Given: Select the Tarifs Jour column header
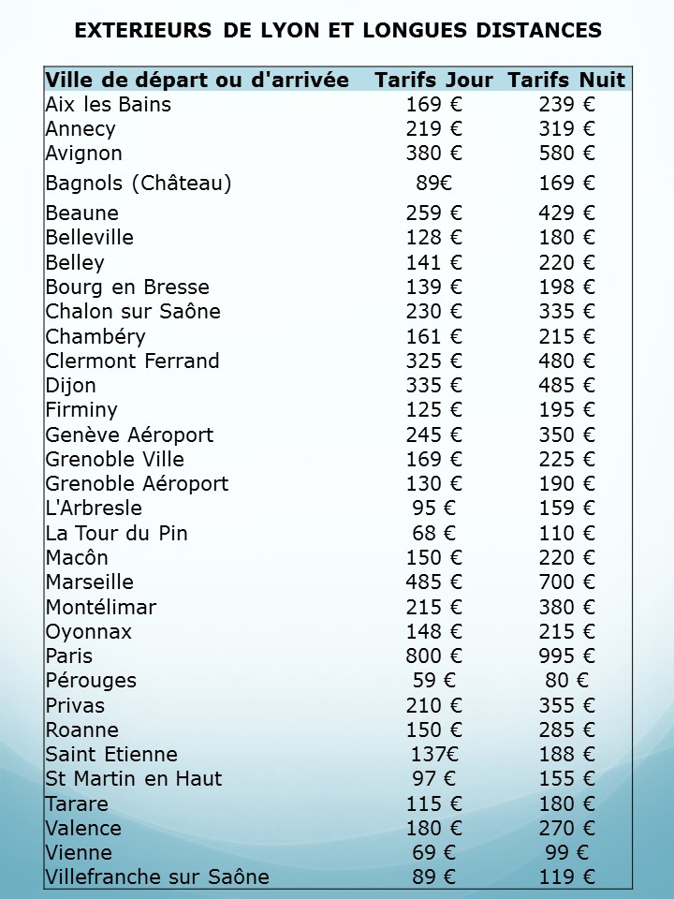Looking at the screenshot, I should [433, 81].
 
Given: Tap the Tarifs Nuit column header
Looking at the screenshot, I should [566, 81].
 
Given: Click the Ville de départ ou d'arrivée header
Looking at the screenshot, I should [198, 81].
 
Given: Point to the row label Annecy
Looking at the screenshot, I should [81, 129].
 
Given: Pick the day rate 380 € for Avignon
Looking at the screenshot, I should [433, 154].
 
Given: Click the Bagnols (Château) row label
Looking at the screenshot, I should [139, 184].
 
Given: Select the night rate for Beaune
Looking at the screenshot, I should [566, 214].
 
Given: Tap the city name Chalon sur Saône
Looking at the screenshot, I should [133, 312].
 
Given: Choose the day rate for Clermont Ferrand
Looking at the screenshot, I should [433, 361].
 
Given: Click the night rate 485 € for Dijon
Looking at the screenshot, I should [566, 386].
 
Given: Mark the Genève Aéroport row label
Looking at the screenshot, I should [129, 435].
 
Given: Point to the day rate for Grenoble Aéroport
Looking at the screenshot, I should [433, 484].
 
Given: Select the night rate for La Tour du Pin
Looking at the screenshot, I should [566, 534].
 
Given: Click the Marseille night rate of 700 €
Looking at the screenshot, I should [566, 582].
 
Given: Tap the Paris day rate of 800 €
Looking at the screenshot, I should [433, 656].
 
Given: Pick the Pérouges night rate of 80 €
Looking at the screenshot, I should [566, 681].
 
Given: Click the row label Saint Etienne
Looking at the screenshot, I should [111, 755].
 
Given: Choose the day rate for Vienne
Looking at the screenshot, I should [433, 853].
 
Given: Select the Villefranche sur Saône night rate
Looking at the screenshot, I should [566, 877].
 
